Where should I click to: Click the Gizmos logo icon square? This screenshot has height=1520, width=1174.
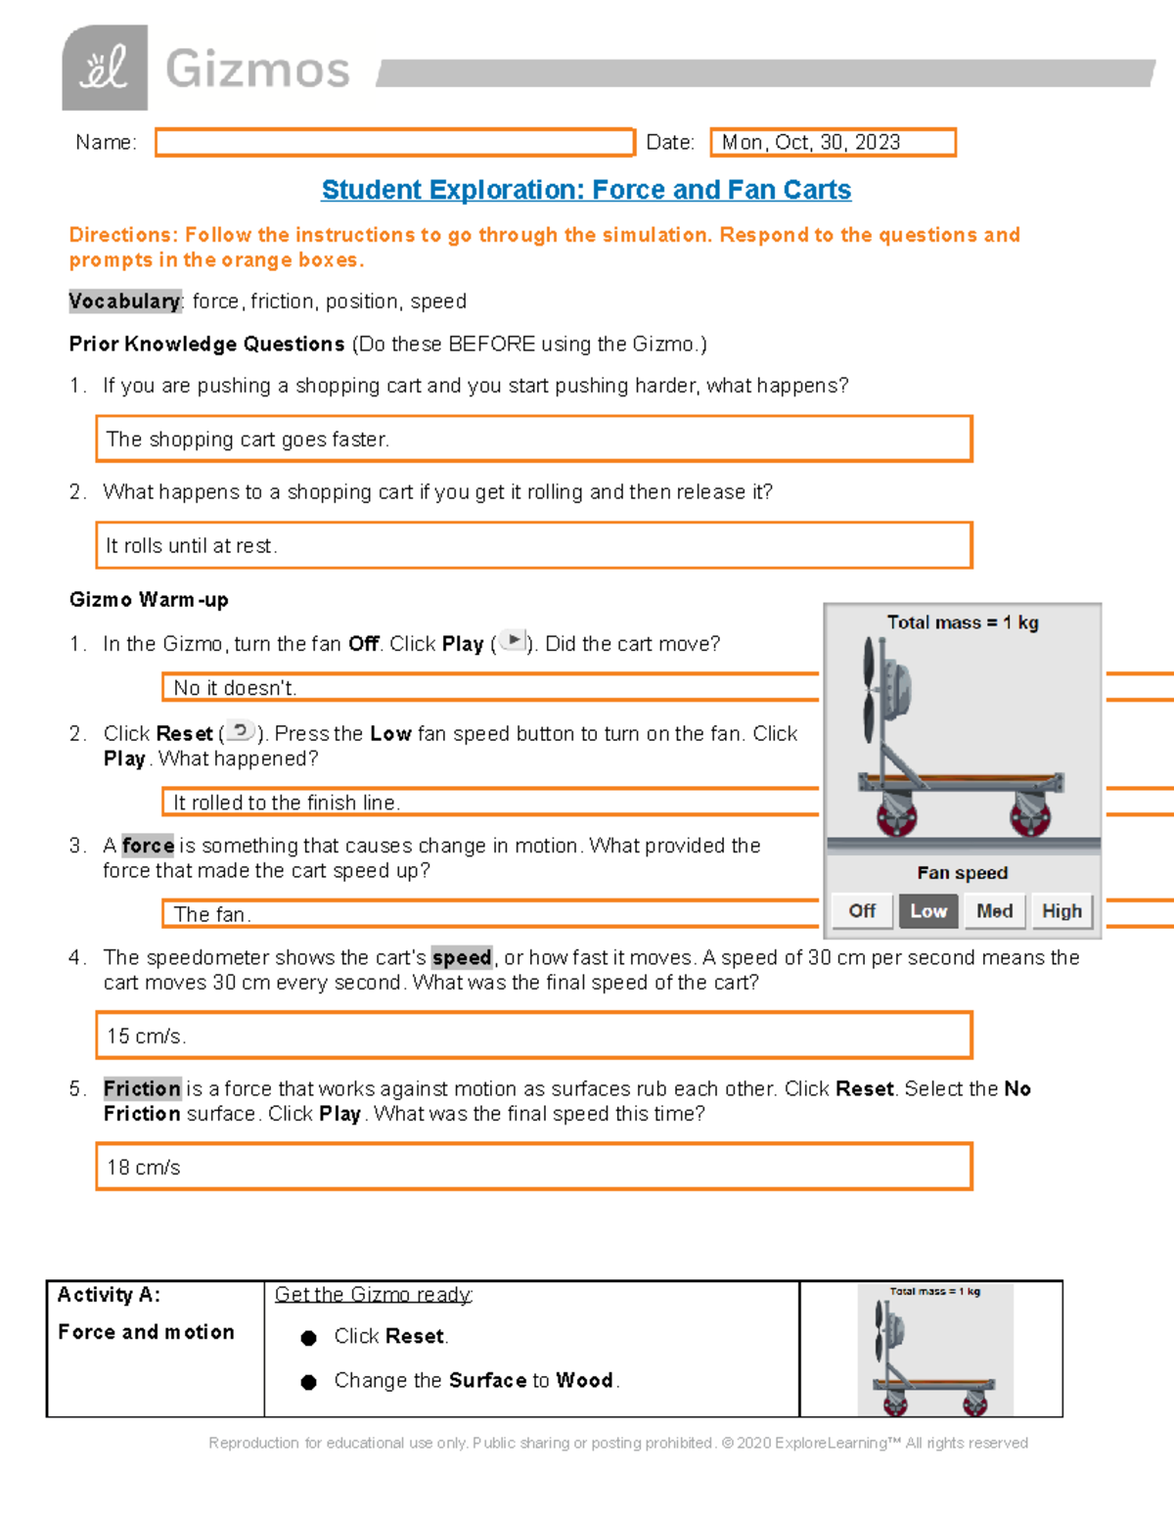click(105, 68)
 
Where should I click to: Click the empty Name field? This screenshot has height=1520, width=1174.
click(394, 143)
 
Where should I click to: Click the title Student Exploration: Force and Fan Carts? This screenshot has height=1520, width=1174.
click(586, 190)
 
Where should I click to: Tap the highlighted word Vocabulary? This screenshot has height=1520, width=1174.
click(124, 301)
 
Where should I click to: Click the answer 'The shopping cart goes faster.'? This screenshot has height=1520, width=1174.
click(248, 439)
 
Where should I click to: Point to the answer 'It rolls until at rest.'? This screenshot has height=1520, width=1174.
click(192, 546)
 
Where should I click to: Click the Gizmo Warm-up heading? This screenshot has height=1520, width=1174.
click(149, 600)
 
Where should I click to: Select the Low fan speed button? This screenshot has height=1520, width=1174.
click(927, 911)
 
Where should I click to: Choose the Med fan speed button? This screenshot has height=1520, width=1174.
click(994, 911)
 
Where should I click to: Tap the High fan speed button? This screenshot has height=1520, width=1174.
click(1061, 911)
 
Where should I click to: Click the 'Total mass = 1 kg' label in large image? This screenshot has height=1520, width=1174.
click(962, 622)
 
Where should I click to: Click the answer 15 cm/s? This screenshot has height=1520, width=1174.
click(147, 1036)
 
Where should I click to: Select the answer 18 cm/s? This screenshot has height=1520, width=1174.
click(144, 1168)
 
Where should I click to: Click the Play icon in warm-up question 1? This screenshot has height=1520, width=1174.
click(514, 641)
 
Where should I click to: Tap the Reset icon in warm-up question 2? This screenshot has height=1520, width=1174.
click(241, 731)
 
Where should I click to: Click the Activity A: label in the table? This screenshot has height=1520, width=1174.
click(109, 1295)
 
